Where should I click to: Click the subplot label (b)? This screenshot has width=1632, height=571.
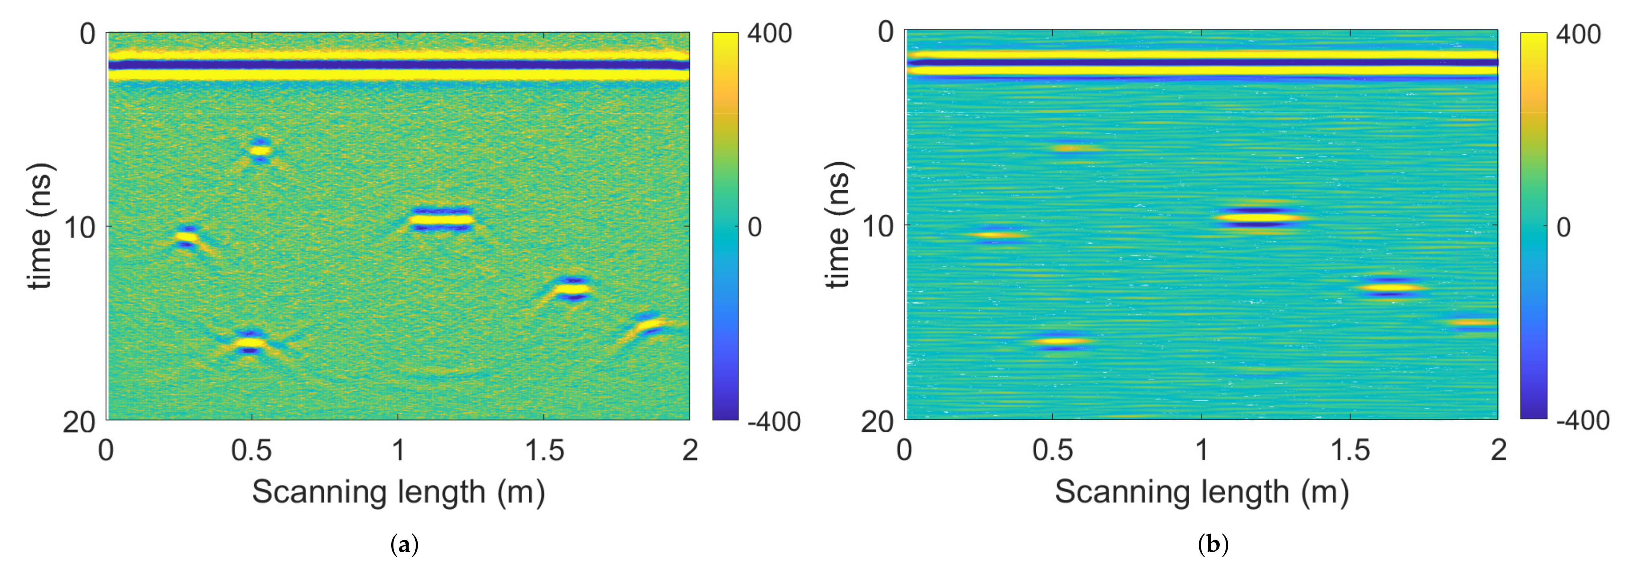click(1213, 544)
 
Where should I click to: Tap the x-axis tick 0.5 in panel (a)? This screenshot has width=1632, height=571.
click(252, 450)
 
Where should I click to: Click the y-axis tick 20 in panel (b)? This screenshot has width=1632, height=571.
click(877, 421)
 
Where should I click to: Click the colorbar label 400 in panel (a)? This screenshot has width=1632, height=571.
click(769, 34)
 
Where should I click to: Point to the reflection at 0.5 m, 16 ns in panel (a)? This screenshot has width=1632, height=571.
click(250, 343)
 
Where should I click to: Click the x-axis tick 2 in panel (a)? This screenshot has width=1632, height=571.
click(689, 450)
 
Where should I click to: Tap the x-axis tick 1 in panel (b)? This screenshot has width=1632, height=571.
click(1201, 450)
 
